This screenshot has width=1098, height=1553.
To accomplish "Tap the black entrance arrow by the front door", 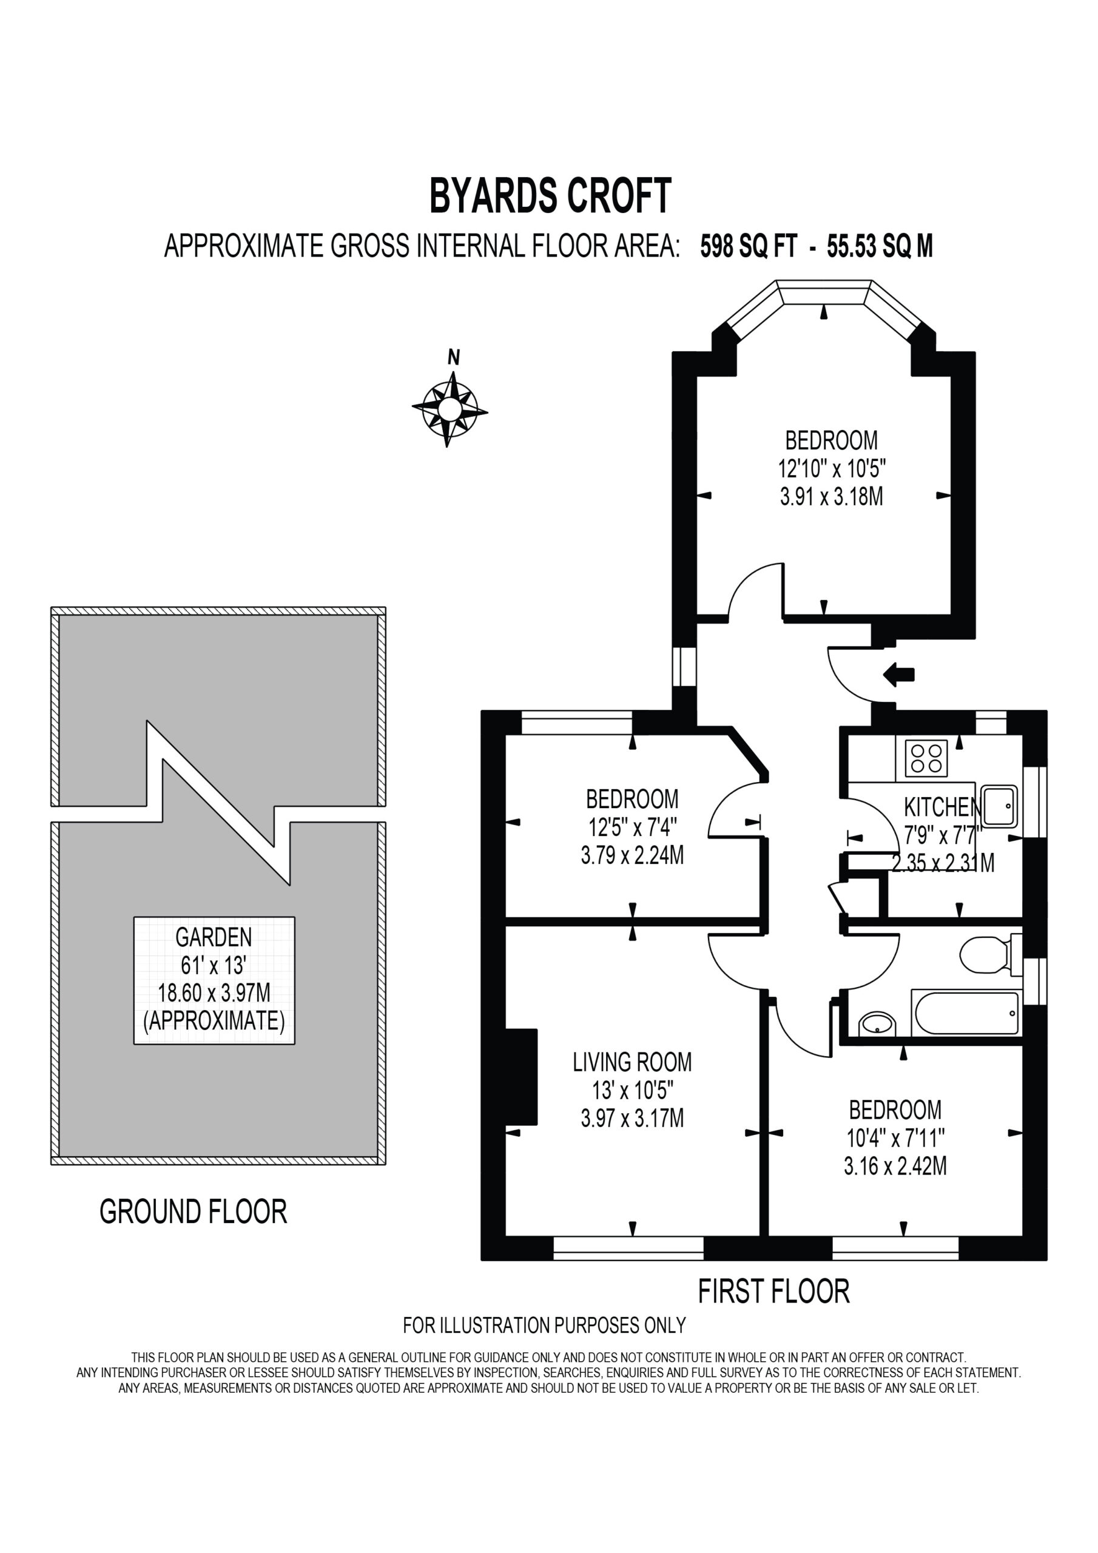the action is pyautogui.click(x=898, y=675).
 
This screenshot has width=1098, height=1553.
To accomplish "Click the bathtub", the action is pyautogui.click(x=966, y=1012).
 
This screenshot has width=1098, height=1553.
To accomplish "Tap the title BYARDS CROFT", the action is pyautogui.click(x=550, y=196).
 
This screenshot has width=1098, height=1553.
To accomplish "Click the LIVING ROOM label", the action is pyautogui.click(x=633, y=1062).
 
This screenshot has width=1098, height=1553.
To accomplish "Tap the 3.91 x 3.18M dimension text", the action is pyautogui.click(x=832, y=497).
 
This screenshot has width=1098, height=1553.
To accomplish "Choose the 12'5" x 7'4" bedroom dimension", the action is pyautogui.click(x=633, y=827).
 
